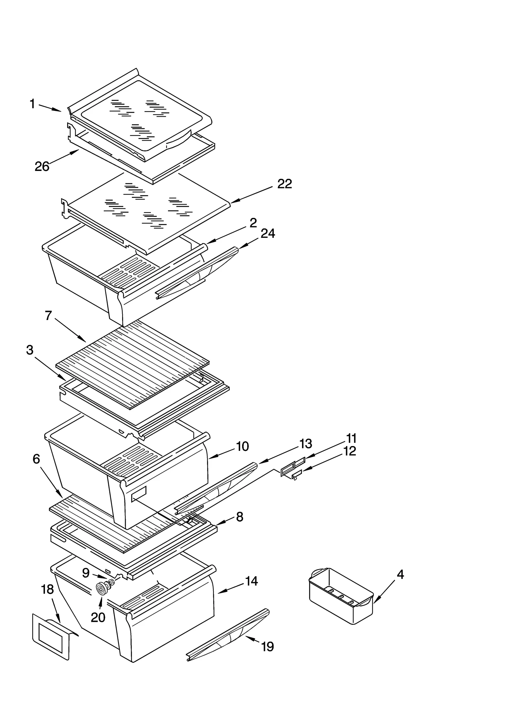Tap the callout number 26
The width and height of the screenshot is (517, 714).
(42, 166)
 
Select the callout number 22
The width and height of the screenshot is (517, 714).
(284, 184)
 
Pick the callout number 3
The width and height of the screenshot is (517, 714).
(30, 350)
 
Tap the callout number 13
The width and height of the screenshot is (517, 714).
(305, 444)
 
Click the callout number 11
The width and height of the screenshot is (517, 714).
(351, 439)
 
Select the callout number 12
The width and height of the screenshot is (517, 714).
(349, 451)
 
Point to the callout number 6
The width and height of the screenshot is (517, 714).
(36, 459)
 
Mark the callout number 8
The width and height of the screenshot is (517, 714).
(239, 517)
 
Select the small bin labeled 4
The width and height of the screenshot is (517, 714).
(341, 597)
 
